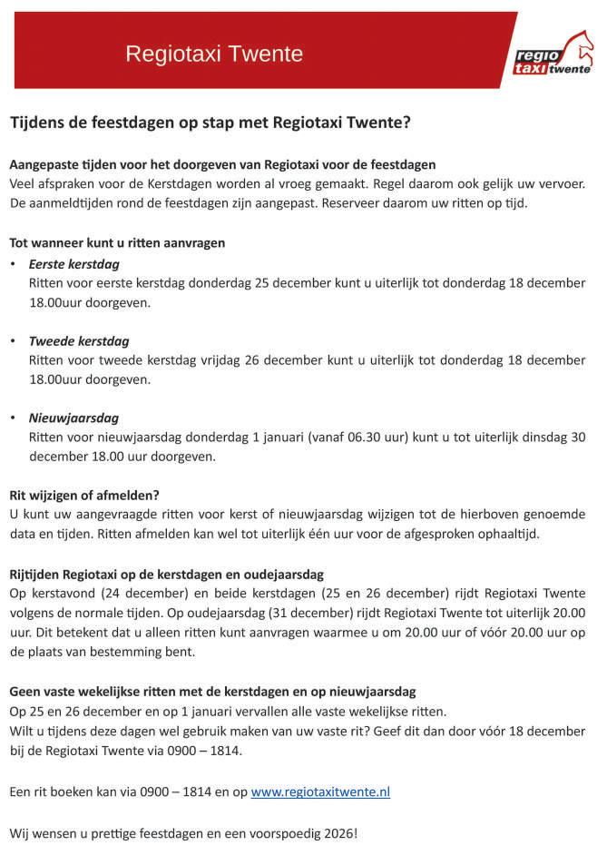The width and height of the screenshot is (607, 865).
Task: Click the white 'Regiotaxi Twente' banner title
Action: coord(214,54)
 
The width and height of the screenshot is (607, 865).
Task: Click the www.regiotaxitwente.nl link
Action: coord(320,791)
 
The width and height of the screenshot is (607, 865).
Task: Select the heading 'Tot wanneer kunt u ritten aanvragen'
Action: coord(117,243)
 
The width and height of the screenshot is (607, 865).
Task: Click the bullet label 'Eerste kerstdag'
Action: coord(74,264)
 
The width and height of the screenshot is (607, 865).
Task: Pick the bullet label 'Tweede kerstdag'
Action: coord(79,341)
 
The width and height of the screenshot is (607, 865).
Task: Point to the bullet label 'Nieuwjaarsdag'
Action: coord(74,418)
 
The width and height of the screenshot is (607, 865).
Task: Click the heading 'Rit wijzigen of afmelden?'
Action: coord(84,495)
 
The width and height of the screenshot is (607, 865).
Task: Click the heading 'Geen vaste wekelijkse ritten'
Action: coord(212,691)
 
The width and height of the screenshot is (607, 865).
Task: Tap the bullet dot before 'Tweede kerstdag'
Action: coord(13,341)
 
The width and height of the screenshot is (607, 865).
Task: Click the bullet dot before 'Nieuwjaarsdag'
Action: coord(13,418)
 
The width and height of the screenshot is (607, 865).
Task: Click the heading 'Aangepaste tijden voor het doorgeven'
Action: coord(222,164)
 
